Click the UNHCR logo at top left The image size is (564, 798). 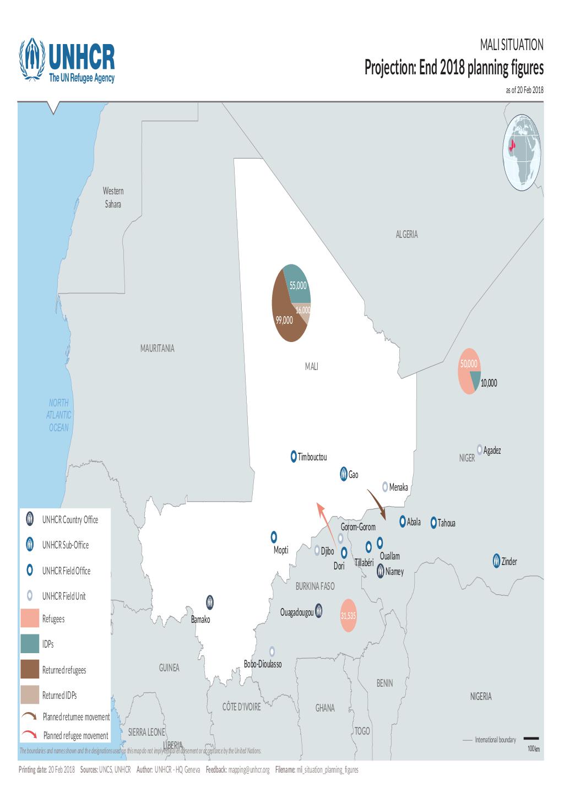click(x=67, y=61)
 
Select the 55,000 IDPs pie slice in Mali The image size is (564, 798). click(x=296, y=281)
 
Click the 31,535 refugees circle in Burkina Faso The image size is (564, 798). click(x=348, y=615)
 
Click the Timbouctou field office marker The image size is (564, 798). click(x=294, y=457)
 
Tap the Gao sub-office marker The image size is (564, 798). click(x=343, y=474)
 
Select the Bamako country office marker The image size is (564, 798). click(x=210, y=602)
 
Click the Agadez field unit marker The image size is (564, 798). click(x=480, y=449)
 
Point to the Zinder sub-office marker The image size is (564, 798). click(x=496, y=561)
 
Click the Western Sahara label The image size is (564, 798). click(x=113, y=198)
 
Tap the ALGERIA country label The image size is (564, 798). click(x=406, y=235)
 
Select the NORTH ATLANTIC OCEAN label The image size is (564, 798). click(x=59, y=415)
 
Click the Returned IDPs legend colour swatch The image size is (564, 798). click(x=30, y=695)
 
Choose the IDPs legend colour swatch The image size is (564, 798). click(x=30, y=644)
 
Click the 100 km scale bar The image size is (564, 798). click(x=531, y=739)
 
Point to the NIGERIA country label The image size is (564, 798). click(x=480, y=697)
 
